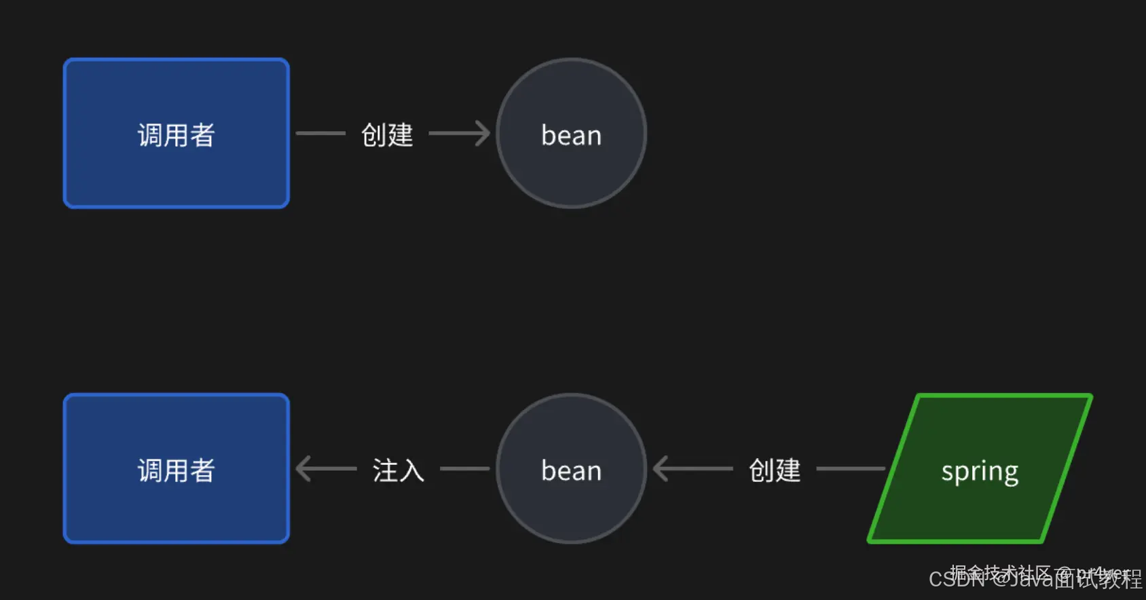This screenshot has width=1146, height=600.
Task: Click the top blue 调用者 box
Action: pos(177,133)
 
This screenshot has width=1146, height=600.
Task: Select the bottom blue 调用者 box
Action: pos(177,468)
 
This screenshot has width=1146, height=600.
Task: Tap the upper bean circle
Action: pos(572,133)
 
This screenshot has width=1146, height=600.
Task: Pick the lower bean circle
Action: pos(572,468)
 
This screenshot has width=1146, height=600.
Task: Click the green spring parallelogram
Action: pos(980,468)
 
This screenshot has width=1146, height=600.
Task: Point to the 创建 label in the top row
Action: pos(387,134)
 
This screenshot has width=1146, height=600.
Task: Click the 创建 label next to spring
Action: pos(775,470)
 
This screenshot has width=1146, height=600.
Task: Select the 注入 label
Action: pos(398,470)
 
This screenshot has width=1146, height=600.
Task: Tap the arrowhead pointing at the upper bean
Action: pos(482,133)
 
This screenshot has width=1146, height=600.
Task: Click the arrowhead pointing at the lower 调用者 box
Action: pos(304,468)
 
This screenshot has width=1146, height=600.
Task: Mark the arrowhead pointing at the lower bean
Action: pos(661,468)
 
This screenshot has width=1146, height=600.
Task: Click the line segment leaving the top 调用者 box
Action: pos(320,133)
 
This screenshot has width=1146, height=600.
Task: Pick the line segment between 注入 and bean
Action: pos(464,468)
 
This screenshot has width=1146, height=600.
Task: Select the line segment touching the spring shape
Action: pos(850,468)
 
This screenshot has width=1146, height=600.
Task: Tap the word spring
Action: pos(980,471)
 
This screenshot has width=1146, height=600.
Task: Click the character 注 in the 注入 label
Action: pos(385,470)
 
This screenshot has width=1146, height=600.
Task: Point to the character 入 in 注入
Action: pos(411,470)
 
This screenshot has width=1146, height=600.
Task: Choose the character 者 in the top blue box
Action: pos(202,134)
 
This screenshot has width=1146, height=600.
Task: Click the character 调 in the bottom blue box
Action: pos(151,470)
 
